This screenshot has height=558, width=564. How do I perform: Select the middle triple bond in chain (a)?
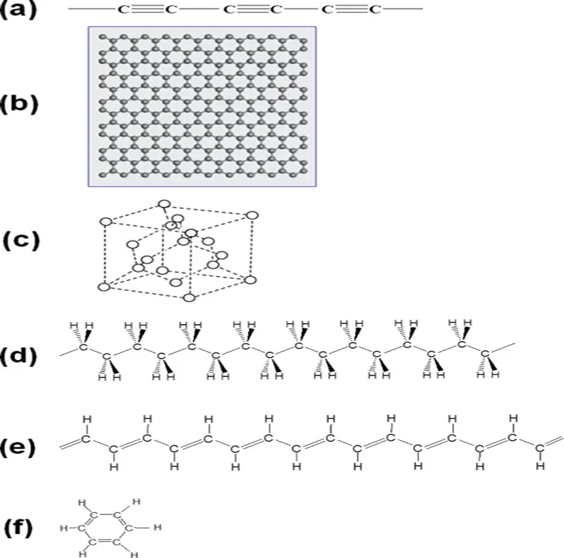(251, 10)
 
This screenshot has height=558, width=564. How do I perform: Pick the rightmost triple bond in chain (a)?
(350, 10)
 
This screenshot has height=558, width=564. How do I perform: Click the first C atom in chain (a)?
(123, 10)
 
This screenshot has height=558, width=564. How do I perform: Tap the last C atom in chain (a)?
(374, 10)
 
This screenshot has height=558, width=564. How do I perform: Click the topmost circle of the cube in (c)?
(164, 205)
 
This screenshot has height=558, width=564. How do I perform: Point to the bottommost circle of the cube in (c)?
(188, 297)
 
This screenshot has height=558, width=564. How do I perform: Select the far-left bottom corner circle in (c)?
(104, 286)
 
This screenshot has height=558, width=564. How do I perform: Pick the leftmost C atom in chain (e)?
(85, 439)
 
